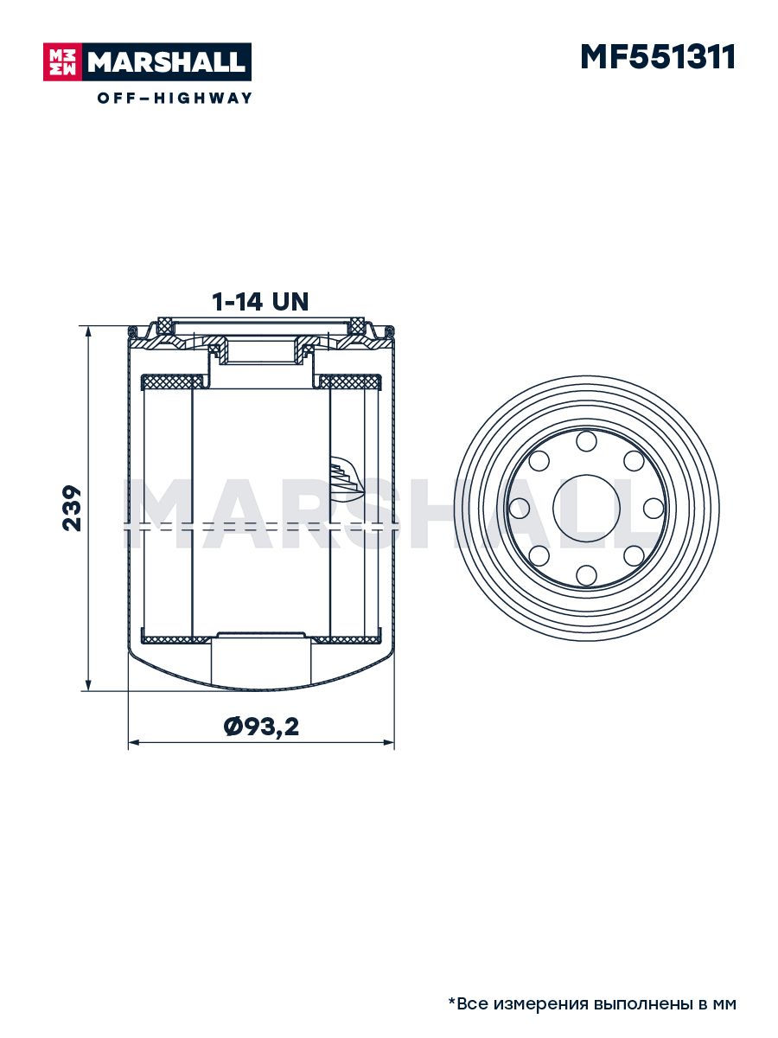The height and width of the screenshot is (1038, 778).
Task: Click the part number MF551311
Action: point(658,57)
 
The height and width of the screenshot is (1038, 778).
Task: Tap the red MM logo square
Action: point(63,62)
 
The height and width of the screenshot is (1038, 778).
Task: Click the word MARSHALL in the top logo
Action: point(166,62)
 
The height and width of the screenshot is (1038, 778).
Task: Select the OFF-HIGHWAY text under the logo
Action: point(175,98)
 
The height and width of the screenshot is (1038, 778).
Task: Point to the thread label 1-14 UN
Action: point(260,302)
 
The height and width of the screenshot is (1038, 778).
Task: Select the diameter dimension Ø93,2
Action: point(261,727)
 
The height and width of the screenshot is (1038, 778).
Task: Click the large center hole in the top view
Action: point(586,509)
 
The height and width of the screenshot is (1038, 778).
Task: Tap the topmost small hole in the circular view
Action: point(586,441)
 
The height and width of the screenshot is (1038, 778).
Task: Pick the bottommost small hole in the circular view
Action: point(586,575)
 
